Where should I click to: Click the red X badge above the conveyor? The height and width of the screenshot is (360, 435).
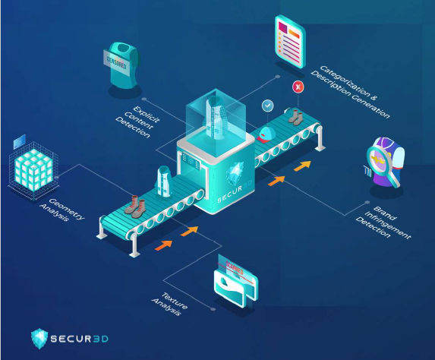tap(297, 88)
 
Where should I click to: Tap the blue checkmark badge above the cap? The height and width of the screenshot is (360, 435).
tap(267, 106)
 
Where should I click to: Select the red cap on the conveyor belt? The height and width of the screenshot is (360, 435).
tap(265, 134)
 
